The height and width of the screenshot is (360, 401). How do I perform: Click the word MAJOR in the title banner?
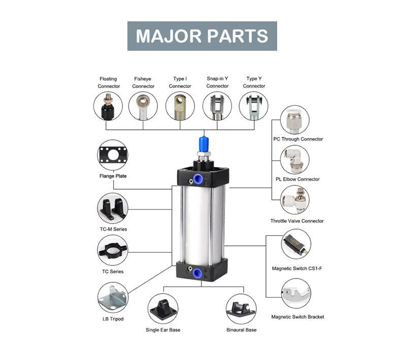(169, 36)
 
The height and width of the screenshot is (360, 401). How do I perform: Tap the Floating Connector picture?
(108, 106)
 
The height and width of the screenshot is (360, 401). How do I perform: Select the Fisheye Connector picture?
(143, 106)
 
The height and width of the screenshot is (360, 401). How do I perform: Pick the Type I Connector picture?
(180, 106)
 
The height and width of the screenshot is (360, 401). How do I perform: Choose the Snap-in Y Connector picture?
(217, 106)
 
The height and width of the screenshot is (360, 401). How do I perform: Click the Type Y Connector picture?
(254, 106)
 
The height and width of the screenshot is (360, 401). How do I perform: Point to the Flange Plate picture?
(113, 155)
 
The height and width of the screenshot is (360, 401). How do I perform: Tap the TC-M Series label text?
(113, 229)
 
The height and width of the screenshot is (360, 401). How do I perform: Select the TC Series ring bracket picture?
(113, 250)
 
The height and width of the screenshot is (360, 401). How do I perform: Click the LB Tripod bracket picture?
(113, 298)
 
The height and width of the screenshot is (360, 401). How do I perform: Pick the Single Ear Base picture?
(163, 309)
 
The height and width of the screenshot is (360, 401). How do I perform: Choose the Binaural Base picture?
(241, 309)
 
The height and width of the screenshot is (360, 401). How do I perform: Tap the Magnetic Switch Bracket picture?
(296, 293)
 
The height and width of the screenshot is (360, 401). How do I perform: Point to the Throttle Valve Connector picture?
(295, 200)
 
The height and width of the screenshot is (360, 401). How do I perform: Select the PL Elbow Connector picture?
(295, 159)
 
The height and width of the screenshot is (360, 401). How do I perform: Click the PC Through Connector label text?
(298, 139)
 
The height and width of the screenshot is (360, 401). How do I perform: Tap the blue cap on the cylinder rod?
(204, 145)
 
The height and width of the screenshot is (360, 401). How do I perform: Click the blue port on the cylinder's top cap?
(197, 179)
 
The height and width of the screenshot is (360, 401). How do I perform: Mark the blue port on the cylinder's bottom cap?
(197, 272)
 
